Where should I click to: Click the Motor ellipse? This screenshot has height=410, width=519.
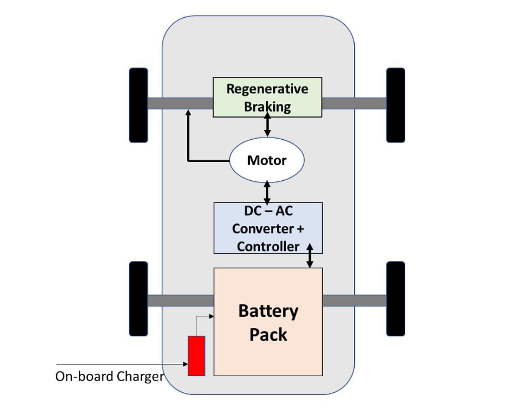coord(266,160)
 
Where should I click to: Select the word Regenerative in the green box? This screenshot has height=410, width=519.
coord(267,89)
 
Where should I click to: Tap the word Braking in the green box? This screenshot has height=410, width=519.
coord(267,106)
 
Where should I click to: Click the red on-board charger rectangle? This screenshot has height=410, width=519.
coord(196,356)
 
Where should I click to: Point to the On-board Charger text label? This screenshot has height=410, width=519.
coord(109,376)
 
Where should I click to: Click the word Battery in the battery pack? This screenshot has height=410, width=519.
coord(268,311)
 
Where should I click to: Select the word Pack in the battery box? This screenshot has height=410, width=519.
coord(268,335)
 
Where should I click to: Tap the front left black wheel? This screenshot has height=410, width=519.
coord(138,105)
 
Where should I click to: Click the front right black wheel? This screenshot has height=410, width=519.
coord(395,105)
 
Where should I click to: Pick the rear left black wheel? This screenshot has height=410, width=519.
coord(138,298)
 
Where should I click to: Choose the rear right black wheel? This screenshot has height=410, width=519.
coord(395,298)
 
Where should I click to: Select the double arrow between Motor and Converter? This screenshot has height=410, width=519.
coord(267,192)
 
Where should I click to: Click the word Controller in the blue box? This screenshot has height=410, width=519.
coord(268,247)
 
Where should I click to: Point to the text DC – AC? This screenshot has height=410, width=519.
coord(268,211)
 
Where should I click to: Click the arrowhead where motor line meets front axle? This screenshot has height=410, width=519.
coord(188,112)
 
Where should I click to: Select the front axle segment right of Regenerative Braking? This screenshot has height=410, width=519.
coord(354,103)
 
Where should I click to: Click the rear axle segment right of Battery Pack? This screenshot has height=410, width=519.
coord(354,301)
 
